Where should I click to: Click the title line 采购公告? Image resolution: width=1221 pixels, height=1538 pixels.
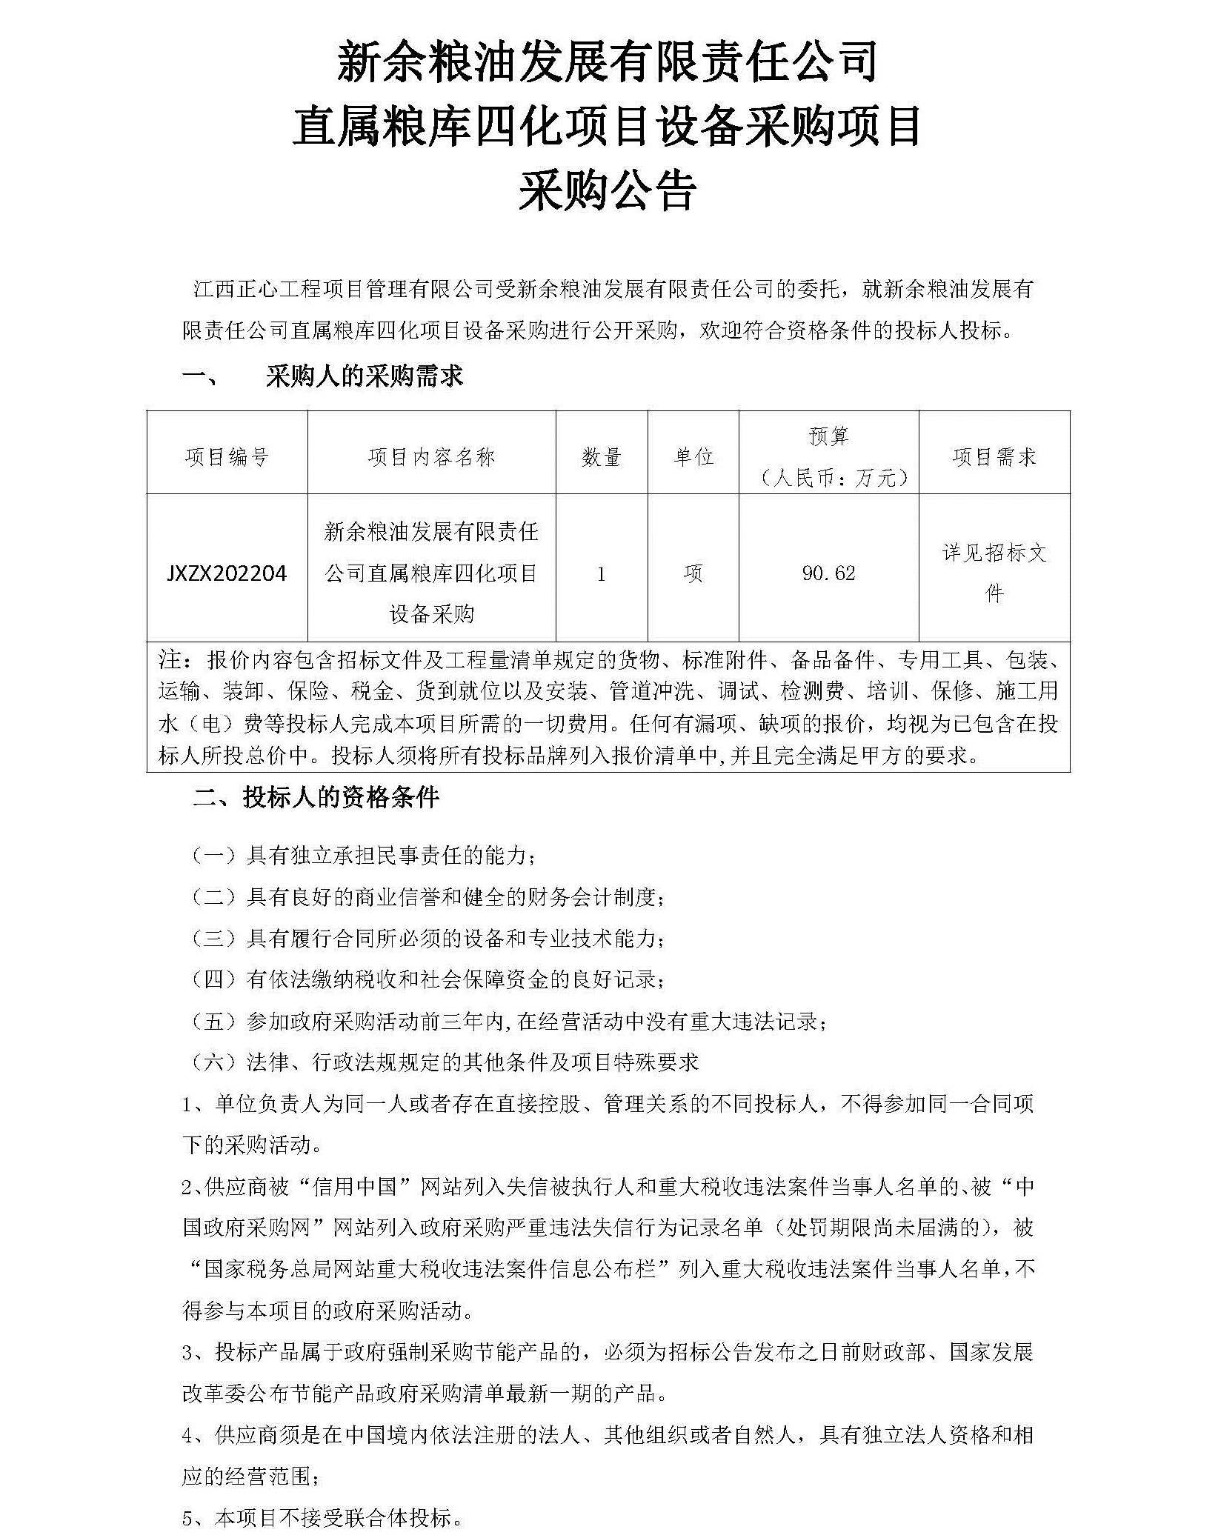pyautogui.click(x=607, y=191)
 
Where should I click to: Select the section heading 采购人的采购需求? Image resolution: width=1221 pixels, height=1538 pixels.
pyautogui.click(x=364, y=376)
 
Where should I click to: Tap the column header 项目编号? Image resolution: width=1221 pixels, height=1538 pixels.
pyautogui.click(x=227, y=457)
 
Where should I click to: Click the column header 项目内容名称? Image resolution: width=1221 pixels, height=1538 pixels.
pyautogui.click(x=431, y=457)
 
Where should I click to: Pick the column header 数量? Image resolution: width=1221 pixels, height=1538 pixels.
pyautogui.click(x=601, y=457)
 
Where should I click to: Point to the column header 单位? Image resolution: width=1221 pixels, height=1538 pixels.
pyautogui.click(x=693, y=457)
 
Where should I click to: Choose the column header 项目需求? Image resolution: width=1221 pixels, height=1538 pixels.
pyautogui.click(x=994, y=457)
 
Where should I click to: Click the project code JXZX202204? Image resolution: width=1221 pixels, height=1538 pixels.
pyautogui.click(x=227, y=573)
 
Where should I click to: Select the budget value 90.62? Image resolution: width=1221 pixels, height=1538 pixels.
pyautogui.click(x=828, y=573)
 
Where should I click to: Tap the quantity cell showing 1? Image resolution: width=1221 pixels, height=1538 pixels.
pyautogui.click(x=601, y=573)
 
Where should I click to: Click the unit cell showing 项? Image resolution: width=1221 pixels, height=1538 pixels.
pyautogui.click(x=693, y=573)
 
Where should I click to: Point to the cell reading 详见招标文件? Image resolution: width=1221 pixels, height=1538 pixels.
pyautogui.click(x=994, y=573)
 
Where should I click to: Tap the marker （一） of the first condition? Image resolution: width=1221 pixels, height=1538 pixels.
pyautogui.click(x=214, y=856)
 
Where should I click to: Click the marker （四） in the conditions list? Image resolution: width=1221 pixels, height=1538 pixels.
pyautogui.click(x=214, y=979)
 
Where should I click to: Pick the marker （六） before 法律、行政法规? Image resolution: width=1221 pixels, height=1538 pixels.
pyautogui.click(x=214, y=1062)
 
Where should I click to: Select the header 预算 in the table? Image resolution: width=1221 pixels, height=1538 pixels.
pyautogui.click(x=828, y=436)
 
